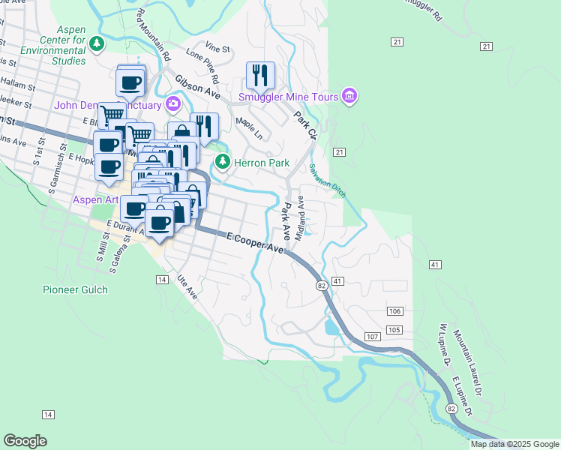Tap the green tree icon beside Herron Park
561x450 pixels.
pos(222,161)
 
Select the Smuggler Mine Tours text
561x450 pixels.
pos(287,96)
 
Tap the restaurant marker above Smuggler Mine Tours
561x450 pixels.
pos(260,75)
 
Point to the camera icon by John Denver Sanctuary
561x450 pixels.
pos(174,103)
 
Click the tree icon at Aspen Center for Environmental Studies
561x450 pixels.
pos(96,44)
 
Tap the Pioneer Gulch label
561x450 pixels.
pos(75,289)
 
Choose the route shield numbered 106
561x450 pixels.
pos(396,311)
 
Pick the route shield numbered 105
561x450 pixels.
pos(396,331)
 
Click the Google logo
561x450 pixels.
pos(25,440)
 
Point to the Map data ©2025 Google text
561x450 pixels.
pos(514,444)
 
